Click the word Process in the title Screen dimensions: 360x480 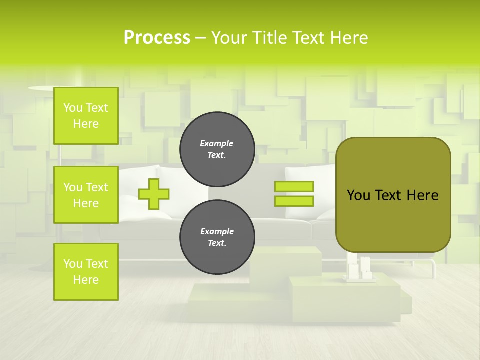(x=157, y=38)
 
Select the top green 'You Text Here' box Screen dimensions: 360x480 (x=86, y=116)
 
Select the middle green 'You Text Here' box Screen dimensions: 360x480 (x=86, y=195)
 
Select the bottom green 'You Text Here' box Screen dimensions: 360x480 (x=86, y=272)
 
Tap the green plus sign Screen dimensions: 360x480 (x=154, y=194)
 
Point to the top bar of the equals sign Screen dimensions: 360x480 (x=294, y=186)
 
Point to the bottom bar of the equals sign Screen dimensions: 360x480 (x=294, y=201)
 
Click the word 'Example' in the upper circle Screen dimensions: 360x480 (x=217, y=143)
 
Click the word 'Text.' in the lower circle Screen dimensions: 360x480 (x=217, y=243)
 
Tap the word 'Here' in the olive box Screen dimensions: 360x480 (x=422, y=195)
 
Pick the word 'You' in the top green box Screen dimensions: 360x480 (x=73, y=108)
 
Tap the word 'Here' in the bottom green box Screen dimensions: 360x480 (x=86, y=280)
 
